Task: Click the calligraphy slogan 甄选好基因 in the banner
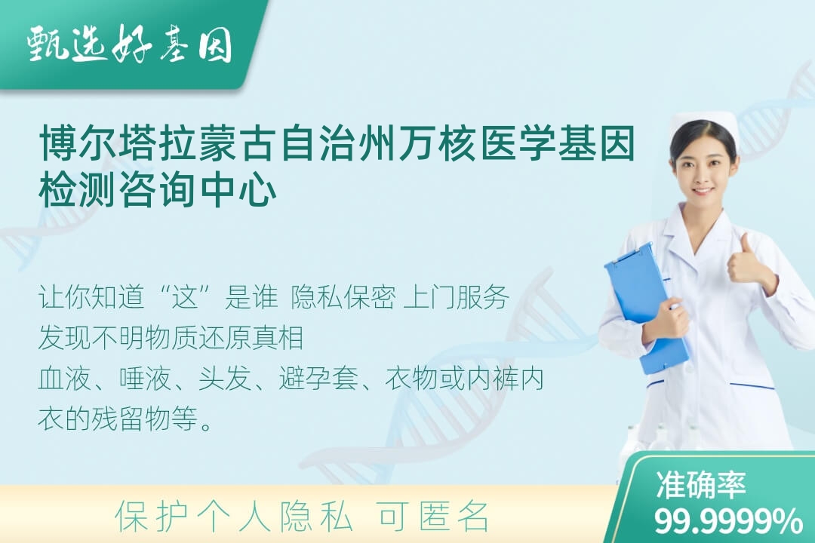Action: click(x=130, y=44)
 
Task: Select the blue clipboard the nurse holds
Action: click(x=647, y=308)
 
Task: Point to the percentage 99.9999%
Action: click(x=727, y=520)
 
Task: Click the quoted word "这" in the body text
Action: click(x=186, y=298)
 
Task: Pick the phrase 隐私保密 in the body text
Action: click(x=343, y=298)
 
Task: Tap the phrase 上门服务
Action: click(x=456, y=298)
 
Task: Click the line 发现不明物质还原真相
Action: click(x=171, y=338)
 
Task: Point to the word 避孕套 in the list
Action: click(x=318, y=379)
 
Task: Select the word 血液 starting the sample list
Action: click(x=65, y=379)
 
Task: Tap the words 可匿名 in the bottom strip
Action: click(x=433, y=517)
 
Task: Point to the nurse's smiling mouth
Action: click(x=703, y=190)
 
